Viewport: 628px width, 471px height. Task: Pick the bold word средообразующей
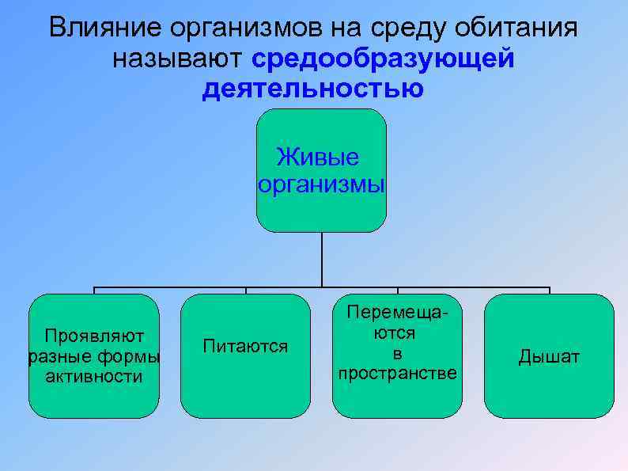[384, 59]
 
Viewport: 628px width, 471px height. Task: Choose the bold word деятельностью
[313, 89]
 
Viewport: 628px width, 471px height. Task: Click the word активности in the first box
[93, 376]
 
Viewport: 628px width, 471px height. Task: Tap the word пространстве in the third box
[397, 373]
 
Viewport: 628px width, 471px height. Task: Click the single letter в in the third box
[397, 353]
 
